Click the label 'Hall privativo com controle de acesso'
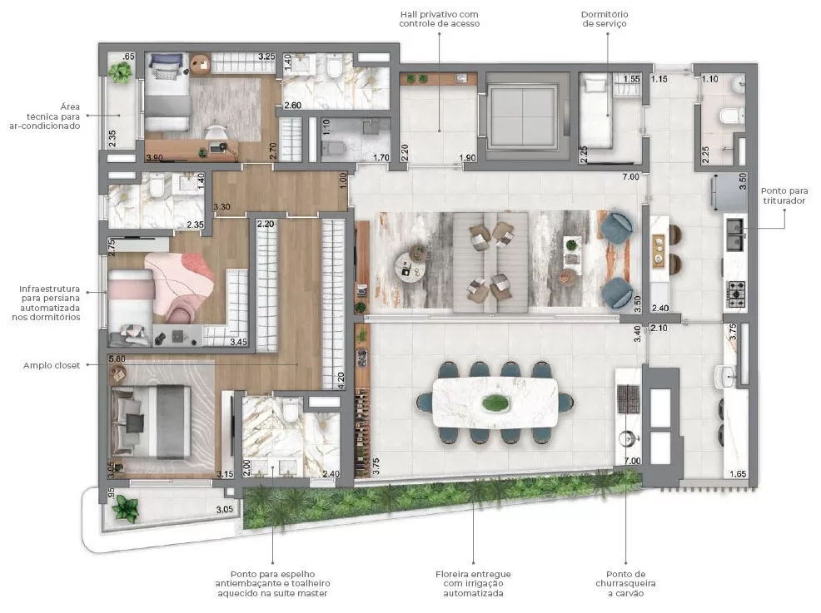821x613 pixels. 440,19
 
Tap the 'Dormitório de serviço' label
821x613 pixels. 605,19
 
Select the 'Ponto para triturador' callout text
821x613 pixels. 785,195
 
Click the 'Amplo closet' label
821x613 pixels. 52,365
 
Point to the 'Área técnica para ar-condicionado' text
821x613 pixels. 52,116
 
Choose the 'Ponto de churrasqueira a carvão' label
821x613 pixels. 626,584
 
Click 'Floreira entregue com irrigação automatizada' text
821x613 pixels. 473,584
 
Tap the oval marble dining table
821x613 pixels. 496,403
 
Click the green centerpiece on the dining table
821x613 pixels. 496,403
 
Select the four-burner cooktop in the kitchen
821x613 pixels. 738,291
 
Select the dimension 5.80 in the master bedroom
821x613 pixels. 117,359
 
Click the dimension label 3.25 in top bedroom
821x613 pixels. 266,57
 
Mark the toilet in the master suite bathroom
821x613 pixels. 291,411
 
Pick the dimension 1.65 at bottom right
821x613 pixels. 737,474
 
